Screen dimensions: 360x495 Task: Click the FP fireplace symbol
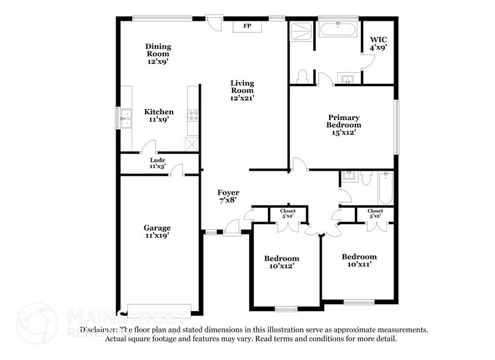coord(247,26)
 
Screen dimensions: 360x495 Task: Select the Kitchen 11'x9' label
coord(158,116)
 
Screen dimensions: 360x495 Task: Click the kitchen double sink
coord(125,118)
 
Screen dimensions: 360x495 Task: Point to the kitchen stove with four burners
coord(193,115)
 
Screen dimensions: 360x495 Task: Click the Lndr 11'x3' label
coord(158,163)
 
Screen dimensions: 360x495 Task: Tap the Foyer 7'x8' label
coord(228,196)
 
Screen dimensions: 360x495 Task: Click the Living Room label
coord(242,90)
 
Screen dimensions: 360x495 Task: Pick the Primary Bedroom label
coord(343,124)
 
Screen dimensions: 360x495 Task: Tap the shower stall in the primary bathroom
coord(300,31)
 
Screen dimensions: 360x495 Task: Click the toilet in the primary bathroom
coord(301,77)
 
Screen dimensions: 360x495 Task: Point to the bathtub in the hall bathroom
coord(385,188)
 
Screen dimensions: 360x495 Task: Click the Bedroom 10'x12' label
coord(281,263)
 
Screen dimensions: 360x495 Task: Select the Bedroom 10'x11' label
coord(359,260)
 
